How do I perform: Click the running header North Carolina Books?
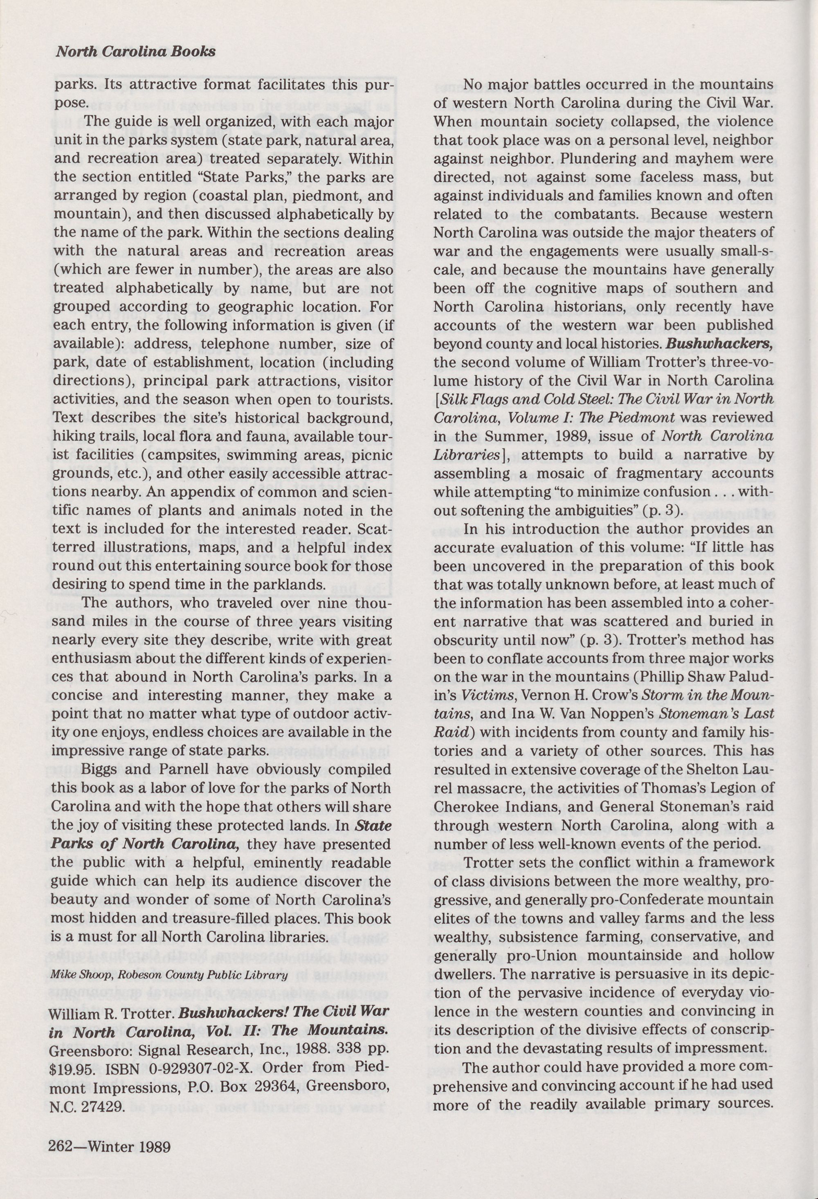[x=135, y=52]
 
